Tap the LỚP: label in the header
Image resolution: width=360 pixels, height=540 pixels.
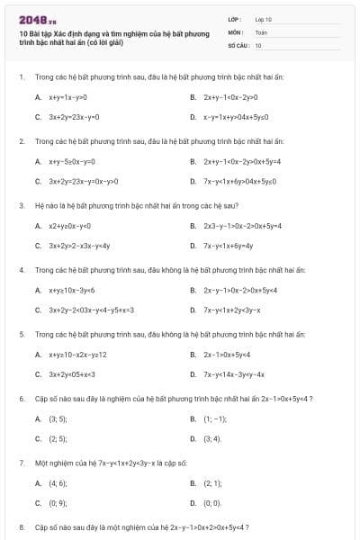(235, 19)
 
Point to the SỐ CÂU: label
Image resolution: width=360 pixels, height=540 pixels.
(238, 44)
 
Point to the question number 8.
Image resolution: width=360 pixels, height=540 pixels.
(21, 526)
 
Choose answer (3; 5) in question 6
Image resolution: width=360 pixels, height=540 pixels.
(57, 418)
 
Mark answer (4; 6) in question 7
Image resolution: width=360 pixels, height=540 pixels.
(57, 482)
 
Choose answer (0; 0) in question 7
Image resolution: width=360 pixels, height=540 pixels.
(212, 502)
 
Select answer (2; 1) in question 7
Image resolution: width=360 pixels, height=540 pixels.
(212, 482)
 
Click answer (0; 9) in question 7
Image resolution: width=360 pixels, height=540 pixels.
(57, 502)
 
